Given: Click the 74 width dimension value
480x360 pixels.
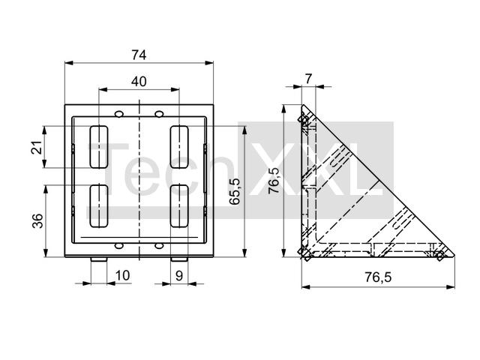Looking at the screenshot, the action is coord(139,55).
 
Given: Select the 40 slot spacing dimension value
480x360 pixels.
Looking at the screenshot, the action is coord(139,82).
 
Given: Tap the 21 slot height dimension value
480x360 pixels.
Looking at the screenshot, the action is coord(37,147).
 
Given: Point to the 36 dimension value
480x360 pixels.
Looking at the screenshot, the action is coord(37,220).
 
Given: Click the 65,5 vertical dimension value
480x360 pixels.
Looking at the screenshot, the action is coord(235,191).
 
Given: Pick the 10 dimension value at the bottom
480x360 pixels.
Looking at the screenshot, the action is coord(123,275).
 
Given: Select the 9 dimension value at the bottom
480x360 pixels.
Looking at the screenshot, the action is coord(179,276).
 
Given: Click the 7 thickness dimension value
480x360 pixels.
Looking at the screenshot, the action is coord(308,79).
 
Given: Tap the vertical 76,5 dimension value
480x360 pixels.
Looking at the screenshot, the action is coord(274,181).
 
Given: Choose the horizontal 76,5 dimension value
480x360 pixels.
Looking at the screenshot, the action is coord(378,277).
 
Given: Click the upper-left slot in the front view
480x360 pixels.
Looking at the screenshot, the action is coord(98,147).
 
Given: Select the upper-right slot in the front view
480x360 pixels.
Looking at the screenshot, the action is coord(179,147).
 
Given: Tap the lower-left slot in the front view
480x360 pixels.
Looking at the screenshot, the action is coord(98,206).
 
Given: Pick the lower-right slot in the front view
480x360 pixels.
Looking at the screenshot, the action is coord(179,206).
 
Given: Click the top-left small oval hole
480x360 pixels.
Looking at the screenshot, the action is coord(118,114).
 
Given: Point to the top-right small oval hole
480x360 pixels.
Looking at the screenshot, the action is coord(159,114).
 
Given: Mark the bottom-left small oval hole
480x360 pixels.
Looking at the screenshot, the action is coord(118,246).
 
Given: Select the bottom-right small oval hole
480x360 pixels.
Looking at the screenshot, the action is coord(159,246).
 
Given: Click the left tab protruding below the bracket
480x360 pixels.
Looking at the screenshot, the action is coord(98,259).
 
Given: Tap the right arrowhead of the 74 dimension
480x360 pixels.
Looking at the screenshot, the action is coord(209,63).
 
